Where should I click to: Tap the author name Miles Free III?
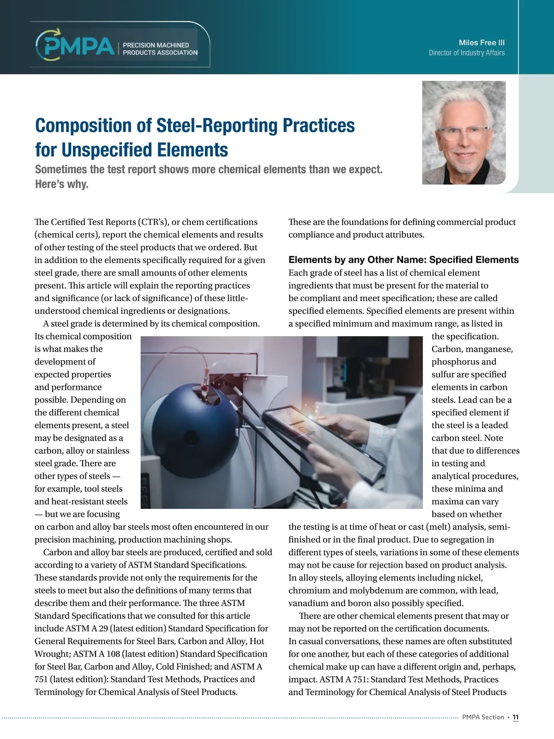tap(482, 42)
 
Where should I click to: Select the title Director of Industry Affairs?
tap(466, 53)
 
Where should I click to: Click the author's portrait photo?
tap(464, 133)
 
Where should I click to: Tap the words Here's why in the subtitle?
tap(61, 184)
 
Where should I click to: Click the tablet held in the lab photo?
tap(323, 439)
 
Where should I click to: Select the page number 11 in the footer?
tap(516, 717)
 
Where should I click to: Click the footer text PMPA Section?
tap(483, 717)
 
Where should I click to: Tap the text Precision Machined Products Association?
tap(160, 49)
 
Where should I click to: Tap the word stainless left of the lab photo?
tap(113, 451)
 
